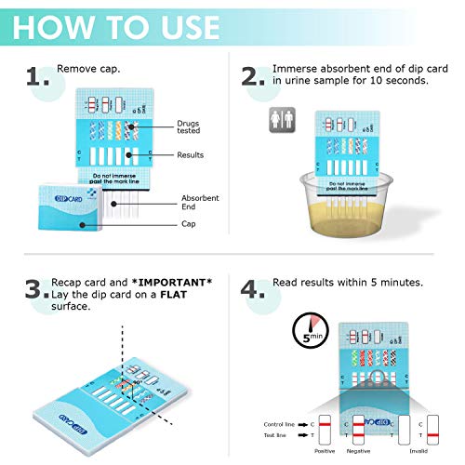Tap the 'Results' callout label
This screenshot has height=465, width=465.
click(x=190, y=155)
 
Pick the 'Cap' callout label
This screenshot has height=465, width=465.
click(x=189, y=224)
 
